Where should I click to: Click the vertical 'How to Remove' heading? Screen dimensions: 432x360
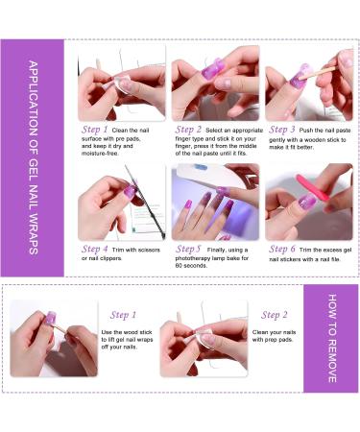click(331, 338)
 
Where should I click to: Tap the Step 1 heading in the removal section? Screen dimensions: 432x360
click(121, 315)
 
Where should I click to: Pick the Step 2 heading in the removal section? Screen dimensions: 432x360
click(275, 315)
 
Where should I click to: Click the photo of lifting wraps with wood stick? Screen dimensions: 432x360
click(54, 338)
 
